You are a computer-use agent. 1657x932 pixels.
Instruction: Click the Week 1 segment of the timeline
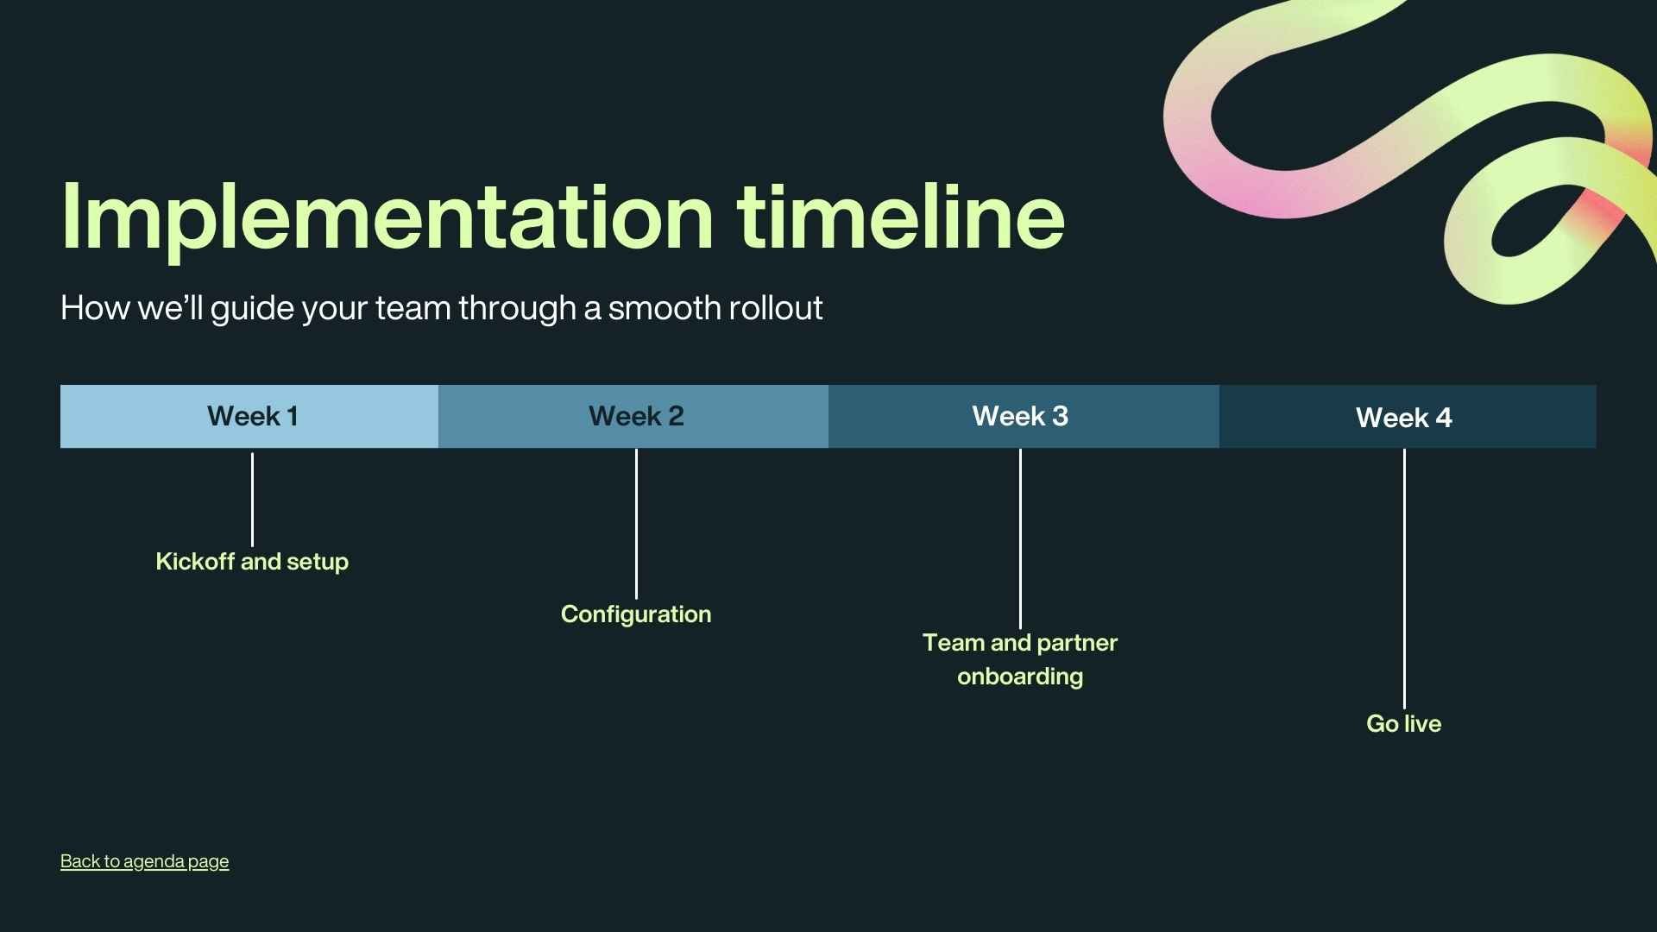[251, 417]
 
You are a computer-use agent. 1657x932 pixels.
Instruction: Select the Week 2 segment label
[636, 417]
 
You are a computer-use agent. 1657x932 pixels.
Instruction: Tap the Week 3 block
[1020, 417]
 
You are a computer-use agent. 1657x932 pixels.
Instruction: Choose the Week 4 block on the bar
[1404, 419]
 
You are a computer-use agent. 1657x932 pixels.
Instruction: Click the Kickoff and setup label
[252, 562]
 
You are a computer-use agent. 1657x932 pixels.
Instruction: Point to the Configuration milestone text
[636, 614]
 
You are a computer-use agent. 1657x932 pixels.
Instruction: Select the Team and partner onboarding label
[1020, 659]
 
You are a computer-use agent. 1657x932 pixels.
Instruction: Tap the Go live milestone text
[1403, 724]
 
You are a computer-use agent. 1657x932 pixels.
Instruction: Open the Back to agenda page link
[144, 861]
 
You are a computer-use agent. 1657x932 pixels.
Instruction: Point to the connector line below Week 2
[636, 523]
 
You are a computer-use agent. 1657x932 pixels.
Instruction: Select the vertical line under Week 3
[1020, 538]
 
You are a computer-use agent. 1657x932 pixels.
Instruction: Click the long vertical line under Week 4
[1404, 578]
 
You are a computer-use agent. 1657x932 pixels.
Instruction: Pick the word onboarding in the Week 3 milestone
[1020, 677]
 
